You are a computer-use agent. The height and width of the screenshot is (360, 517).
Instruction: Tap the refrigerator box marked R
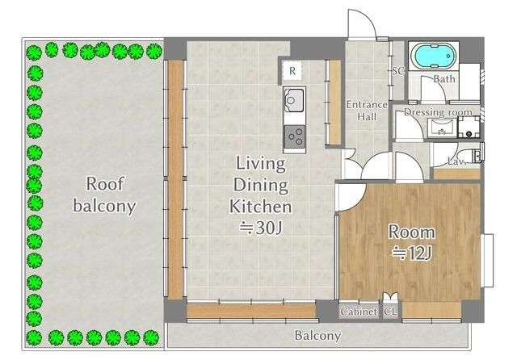(x=292, y=71)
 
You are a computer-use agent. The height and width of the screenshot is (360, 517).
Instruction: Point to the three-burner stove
(x=295, y=136)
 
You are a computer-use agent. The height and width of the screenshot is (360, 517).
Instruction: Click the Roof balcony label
(x=104, y=195)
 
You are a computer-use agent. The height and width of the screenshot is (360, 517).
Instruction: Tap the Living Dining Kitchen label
(x=260, y=185)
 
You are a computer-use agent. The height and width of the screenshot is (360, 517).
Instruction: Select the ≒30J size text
(x=261, y=228)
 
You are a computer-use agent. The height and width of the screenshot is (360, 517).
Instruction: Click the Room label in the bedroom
(x=412, y=232)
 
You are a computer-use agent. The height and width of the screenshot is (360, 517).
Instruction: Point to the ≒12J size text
(x=412, y=253)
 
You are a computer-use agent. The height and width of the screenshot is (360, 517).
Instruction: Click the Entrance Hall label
(x=367, y=111)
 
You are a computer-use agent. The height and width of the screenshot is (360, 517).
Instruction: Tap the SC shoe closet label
(x=398, y=71)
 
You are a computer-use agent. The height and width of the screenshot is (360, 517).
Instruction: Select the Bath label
(x=444, y=79)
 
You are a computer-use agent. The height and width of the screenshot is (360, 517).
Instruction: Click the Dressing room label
(x=438, y=112)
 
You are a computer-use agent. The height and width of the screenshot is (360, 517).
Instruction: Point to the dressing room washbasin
(x=442, y=128)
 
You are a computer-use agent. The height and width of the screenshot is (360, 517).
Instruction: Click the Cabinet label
(x=359, y=312)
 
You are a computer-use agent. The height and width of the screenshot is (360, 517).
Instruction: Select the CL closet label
(x=390, y=312)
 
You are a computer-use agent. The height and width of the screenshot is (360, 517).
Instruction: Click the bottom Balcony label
(x=317, y=336)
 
